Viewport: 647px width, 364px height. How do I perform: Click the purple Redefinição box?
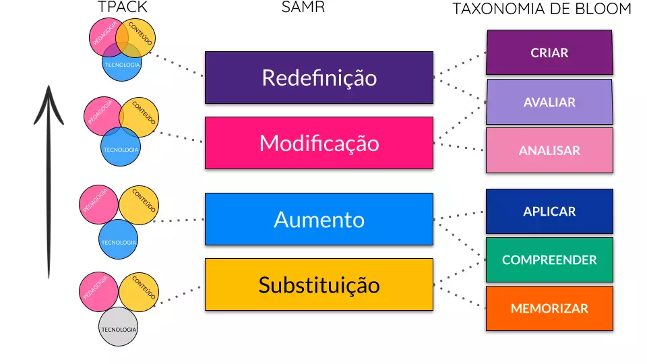click(319, 78)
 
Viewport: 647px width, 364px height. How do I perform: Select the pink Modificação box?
click(319, 143)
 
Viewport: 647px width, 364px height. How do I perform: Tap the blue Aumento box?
click(319, 219)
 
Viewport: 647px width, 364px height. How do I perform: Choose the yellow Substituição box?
click(319, 284)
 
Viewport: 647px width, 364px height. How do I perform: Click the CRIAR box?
click(549, 52)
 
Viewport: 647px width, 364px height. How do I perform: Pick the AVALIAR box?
click(549, 102)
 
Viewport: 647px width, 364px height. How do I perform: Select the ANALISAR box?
click(549, 150)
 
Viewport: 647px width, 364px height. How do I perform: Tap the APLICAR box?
click(549, 211)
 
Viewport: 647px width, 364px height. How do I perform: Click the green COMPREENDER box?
click(549, 260)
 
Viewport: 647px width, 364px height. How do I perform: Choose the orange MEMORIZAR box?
click(549, 308)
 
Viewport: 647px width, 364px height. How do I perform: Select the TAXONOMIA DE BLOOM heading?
click(542, 9)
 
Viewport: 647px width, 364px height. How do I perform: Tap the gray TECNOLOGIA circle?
click(119, 329)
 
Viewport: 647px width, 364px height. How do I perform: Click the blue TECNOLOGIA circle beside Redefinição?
click(122, 65)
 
